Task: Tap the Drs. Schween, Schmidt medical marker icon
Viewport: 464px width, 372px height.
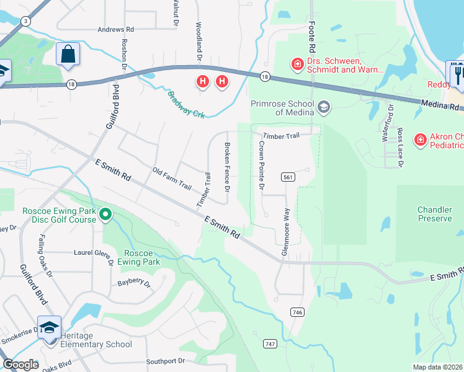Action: point(297,64)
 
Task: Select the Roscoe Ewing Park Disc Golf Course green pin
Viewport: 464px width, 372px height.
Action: point(105,215)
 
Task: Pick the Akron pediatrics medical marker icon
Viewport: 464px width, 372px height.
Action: point(421,140)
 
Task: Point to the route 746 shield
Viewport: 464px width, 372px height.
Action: point(297,312)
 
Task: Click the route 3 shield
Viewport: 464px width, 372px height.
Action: point(25,20)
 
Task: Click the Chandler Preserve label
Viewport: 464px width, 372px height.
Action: point(434,214)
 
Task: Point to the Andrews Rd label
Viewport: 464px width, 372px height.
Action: point(116,29)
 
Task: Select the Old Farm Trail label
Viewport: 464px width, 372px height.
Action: point(172,177)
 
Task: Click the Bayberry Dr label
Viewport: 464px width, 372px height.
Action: point(134,284)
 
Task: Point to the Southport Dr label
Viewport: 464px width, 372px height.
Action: point(166,361)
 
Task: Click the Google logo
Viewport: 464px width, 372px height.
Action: point(20,365)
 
